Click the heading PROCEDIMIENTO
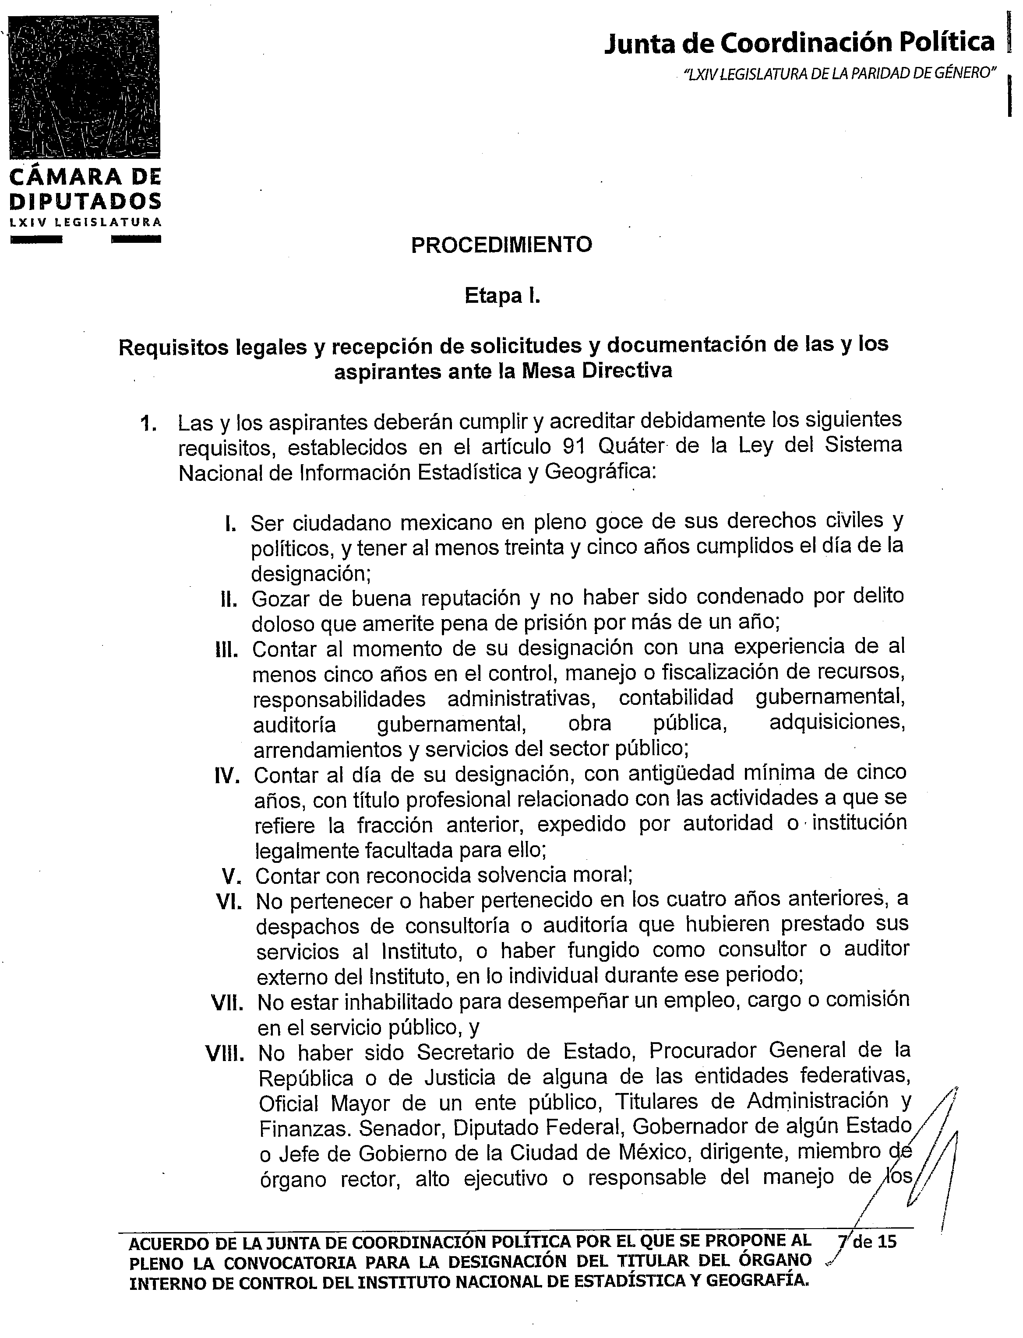[x=501, y=245]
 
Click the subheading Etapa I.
[x=502, y=296]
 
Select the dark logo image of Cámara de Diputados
[x=85, y=87]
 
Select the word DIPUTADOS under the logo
[x=85, y=201]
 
